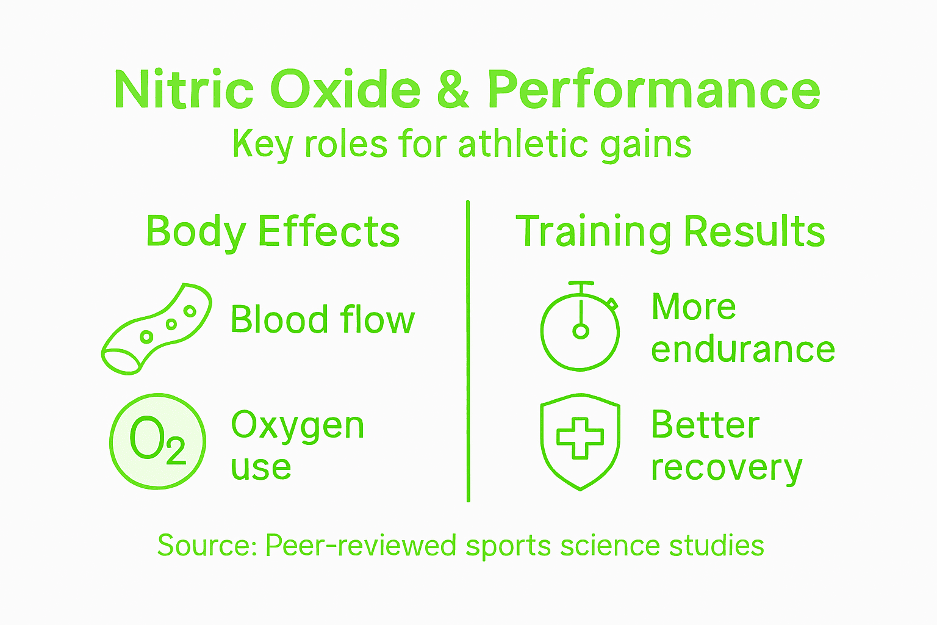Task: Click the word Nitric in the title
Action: (184, 90)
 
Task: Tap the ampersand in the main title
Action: (453, 90)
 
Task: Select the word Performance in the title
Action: (653, 90)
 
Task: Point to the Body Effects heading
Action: (273, 232)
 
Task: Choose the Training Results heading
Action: (670, 232)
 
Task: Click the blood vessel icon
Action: (156, 328)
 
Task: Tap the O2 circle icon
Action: (157, 441)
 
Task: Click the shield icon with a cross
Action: (580, 441)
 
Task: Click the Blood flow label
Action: (322, 320)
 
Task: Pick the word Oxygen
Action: (298, 426)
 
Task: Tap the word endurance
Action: (742, 350)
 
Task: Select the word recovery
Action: (726, 468)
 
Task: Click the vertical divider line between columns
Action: (468, 351)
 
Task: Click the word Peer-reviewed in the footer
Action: (361, 545)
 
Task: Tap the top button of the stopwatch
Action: (581, 284)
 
